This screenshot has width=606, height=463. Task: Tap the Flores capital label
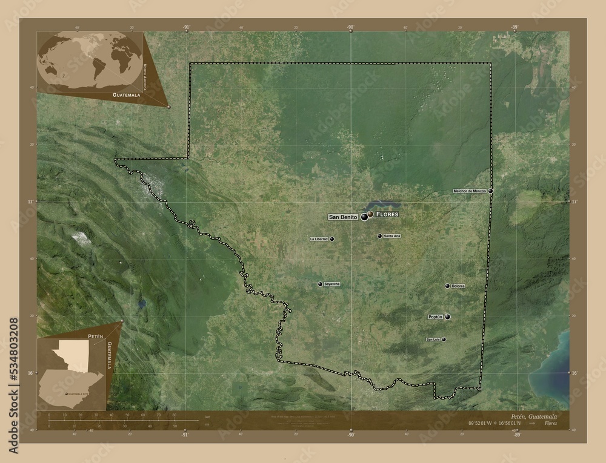coord(387,215)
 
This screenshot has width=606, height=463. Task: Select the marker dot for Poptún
coord(447,317)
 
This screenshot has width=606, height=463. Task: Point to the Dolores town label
coord(458,286)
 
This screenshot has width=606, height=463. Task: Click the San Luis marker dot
coord(444,340)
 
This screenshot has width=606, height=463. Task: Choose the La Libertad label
coord(319,239)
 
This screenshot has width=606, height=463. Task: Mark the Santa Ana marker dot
coord(379,236)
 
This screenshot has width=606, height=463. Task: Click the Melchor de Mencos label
coord(470,191)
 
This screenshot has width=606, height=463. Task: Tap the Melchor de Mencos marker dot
coord(490,191)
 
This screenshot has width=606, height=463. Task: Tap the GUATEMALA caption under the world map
coord(126,96)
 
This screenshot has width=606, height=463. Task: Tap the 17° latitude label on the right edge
coord(574,200)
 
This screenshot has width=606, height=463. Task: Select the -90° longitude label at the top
coord(350,27)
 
